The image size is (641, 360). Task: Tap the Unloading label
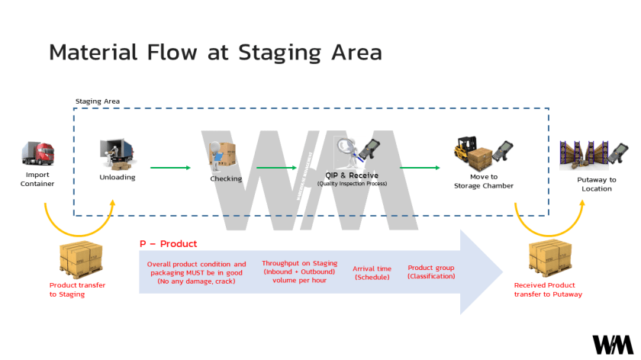(117, 178)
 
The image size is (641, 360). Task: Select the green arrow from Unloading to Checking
(170, 167)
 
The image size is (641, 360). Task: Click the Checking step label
(226, 178)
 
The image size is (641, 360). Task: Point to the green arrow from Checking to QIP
(276, 167)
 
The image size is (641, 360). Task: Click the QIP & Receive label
(352, 175)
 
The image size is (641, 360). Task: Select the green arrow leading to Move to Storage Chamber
(420, 167)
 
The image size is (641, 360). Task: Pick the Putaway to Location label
(597, 184)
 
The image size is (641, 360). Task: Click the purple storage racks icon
(585, 155)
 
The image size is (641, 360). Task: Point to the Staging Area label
(97, 101)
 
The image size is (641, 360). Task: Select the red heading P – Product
(168, 244)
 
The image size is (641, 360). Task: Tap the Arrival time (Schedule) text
(372, 272)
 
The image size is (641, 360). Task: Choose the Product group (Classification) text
(431, 272)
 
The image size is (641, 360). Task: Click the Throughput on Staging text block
(295, 272)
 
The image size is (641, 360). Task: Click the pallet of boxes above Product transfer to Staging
(81, 259)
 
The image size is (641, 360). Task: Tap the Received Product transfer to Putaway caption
(548, 290)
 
